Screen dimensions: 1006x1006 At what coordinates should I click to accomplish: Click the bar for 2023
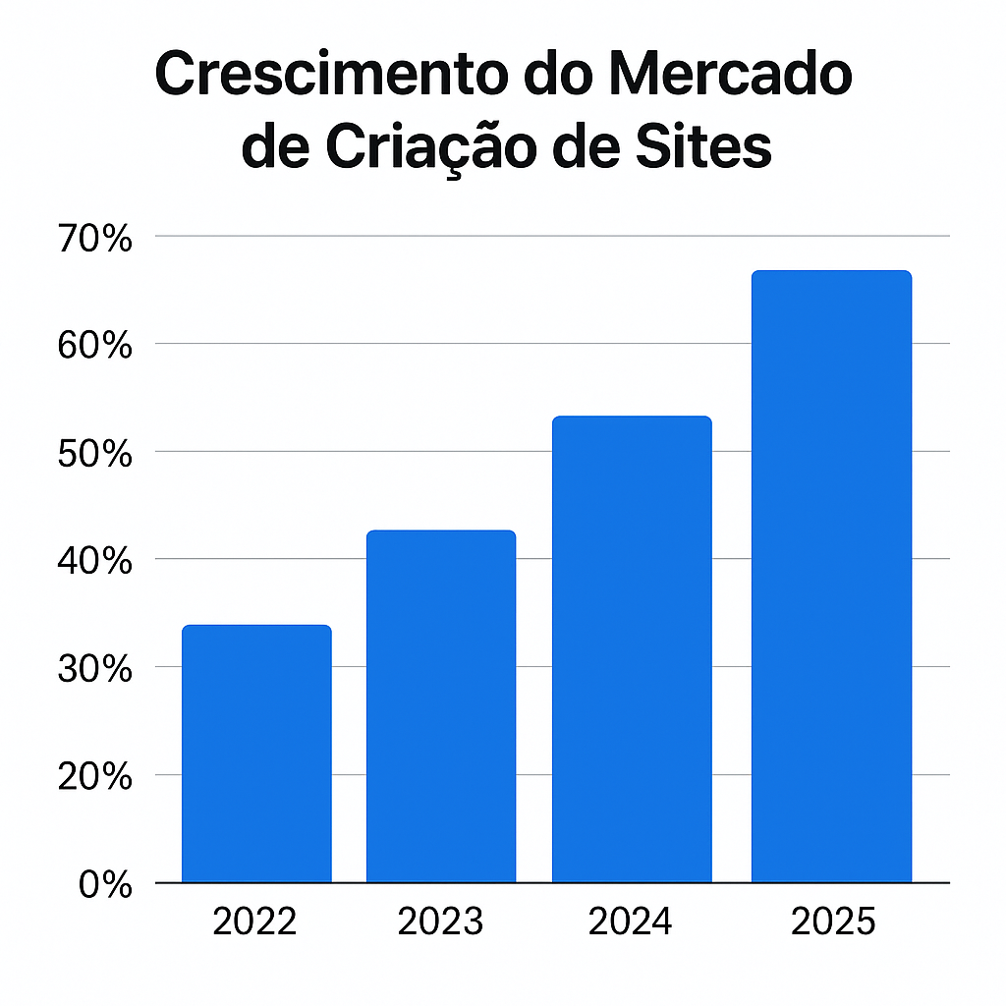tap(441, 706)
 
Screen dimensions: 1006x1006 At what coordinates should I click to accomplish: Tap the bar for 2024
tap(632, 649)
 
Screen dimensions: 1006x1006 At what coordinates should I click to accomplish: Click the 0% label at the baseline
tap(105, 884)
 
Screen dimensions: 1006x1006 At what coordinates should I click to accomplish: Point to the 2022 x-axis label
tap(255, 922)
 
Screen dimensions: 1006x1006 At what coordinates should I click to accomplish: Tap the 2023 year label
tap(440, 922)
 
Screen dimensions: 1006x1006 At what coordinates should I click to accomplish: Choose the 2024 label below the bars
tap(631, 922)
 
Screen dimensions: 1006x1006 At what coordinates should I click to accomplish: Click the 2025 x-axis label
tap(832, 922)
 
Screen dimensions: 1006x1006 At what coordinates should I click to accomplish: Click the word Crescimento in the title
tap(330, 77)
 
